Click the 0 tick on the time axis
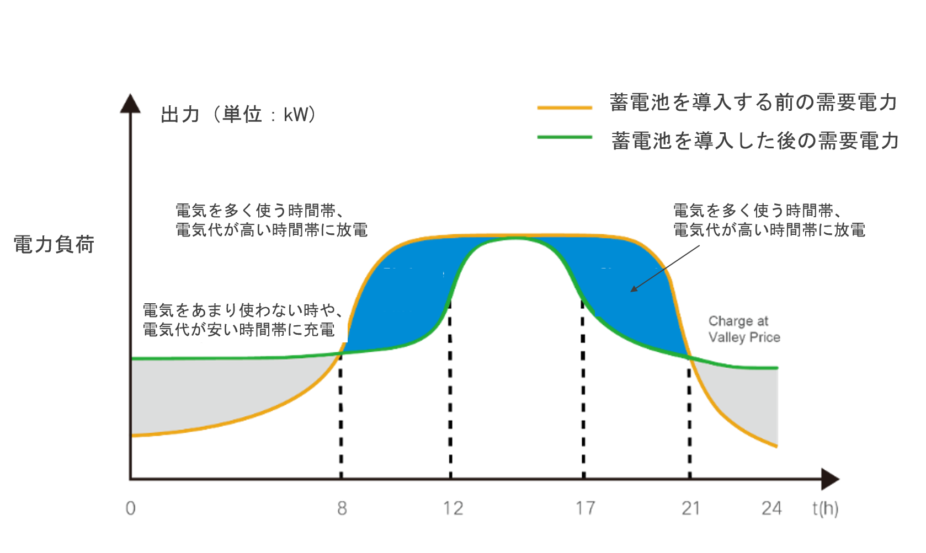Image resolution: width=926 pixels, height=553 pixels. [130, 508]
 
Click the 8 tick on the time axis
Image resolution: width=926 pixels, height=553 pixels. [342, 508]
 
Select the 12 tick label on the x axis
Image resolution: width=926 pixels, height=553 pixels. [453, 508]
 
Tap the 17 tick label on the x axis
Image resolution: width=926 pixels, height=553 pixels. [585, 508]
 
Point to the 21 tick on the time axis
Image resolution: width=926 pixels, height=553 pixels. [691, 508]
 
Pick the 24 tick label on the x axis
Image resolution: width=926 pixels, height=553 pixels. [771, 508]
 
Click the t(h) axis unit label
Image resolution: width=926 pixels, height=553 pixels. [825, 509]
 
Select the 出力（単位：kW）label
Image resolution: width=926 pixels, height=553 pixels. [260, 112]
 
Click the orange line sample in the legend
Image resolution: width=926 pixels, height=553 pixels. [565, 108]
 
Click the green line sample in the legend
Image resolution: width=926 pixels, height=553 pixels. [565, 137]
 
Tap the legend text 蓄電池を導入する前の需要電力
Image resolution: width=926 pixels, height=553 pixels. [762, 101]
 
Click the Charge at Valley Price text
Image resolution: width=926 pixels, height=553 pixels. [744, 329]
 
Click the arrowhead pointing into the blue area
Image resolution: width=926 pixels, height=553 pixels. [634, 288]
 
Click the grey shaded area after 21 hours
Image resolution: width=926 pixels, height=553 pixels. [745, 397]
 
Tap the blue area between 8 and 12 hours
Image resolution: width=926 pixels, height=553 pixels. [403, 298]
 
